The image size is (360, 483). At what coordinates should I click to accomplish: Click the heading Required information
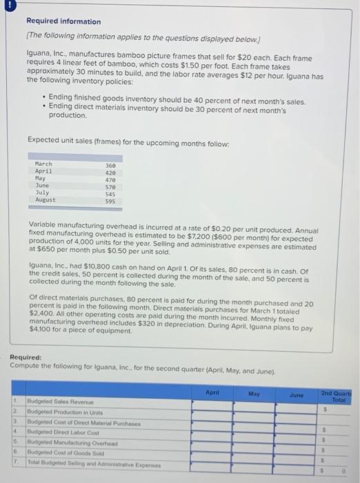pyautogui.click(x=63, y=21)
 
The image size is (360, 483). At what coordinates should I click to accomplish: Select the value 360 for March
pyautogui.click(x=110, y=165)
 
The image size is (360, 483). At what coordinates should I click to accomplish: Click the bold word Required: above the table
pyautogui.click(x=26, y=357)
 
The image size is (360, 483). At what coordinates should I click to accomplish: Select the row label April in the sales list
pyautogui.click(x=43, y=172)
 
